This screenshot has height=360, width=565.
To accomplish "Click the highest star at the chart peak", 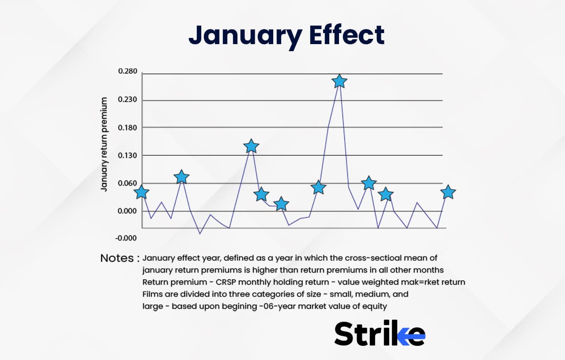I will click(339, 81).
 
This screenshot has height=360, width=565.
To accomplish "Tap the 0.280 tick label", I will click(128, 71).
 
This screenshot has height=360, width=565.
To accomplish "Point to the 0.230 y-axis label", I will click(128, 100).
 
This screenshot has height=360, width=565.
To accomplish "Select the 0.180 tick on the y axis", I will click(128, 127).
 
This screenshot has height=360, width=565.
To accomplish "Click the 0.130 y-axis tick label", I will click(128, 155).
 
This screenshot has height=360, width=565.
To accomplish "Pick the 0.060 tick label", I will click(128, 183).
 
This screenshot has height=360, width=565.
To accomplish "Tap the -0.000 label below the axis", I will click(126, 238).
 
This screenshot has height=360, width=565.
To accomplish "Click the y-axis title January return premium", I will click(105, 144).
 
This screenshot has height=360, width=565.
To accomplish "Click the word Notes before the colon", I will click(117, 258).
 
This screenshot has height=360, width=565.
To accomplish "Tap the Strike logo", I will click(380, 333).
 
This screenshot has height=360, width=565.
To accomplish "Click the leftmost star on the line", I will click(141, 192).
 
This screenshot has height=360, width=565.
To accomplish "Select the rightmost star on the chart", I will click(448, 192).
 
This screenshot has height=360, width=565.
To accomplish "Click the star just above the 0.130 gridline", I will click(251, 146).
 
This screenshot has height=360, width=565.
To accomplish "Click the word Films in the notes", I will click(152, 294).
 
